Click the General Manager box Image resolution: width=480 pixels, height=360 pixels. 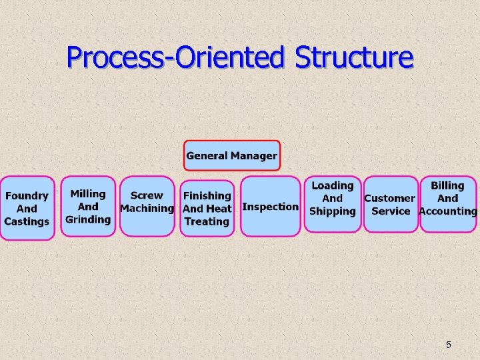231,155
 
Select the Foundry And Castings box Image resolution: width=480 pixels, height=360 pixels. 27,207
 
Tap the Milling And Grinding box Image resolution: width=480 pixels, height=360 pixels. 88,206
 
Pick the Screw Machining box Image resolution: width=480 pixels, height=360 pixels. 147,206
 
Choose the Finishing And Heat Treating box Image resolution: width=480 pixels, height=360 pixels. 207,208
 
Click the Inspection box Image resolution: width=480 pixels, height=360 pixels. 270,206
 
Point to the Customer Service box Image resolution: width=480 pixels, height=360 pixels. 391,204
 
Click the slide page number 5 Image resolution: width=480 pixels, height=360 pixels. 448,345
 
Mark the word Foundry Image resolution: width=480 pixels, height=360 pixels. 27,196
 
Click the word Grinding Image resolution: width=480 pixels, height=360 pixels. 88,219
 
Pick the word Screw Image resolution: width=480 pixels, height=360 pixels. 147,195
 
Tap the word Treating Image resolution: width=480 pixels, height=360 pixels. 207,221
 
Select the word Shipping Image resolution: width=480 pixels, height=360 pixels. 333,211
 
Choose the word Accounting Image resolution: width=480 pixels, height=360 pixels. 448,211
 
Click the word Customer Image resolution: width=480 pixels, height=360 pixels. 389,198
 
